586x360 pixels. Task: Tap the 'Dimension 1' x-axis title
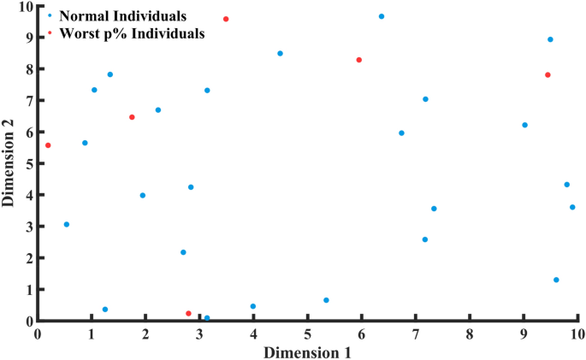click(x=306, y=351)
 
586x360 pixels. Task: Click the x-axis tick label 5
click(x=307, y=333)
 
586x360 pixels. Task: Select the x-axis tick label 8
click(x=470, y=333)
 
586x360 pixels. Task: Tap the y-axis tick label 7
click(x=28, y=101)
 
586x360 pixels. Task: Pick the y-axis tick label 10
click(x=25, y=7)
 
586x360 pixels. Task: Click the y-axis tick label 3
click(x=28, y=227)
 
